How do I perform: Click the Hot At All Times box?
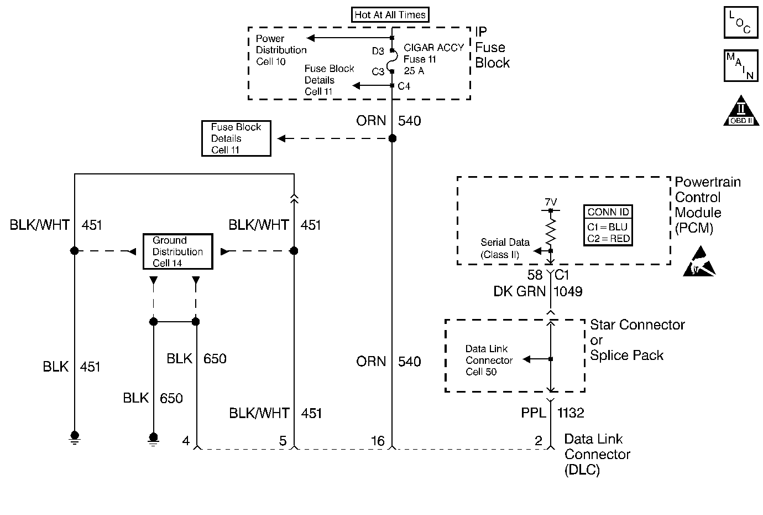point(390,14)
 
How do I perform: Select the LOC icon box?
point(740,23)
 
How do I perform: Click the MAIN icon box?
point(740,65)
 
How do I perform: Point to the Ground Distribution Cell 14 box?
point(177,251)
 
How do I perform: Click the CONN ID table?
point(608,225)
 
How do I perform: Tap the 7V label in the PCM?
point(551,202)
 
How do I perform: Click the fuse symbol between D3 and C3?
point(392,61)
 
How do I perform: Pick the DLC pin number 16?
point(378,441)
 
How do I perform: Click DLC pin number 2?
point(539,441)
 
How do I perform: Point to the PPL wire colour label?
point(533,413)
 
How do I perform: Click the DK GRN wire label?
point(519,291)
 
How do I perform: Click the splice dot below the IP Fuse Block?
point(392,138)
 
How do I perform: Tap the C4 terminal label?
point(404,86)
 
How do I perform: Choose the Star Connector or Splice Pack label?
point(637,340)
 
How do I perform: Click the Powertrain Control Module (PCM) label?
point(707,205)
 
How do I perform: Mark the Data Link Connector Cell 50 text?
point(489,360)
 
